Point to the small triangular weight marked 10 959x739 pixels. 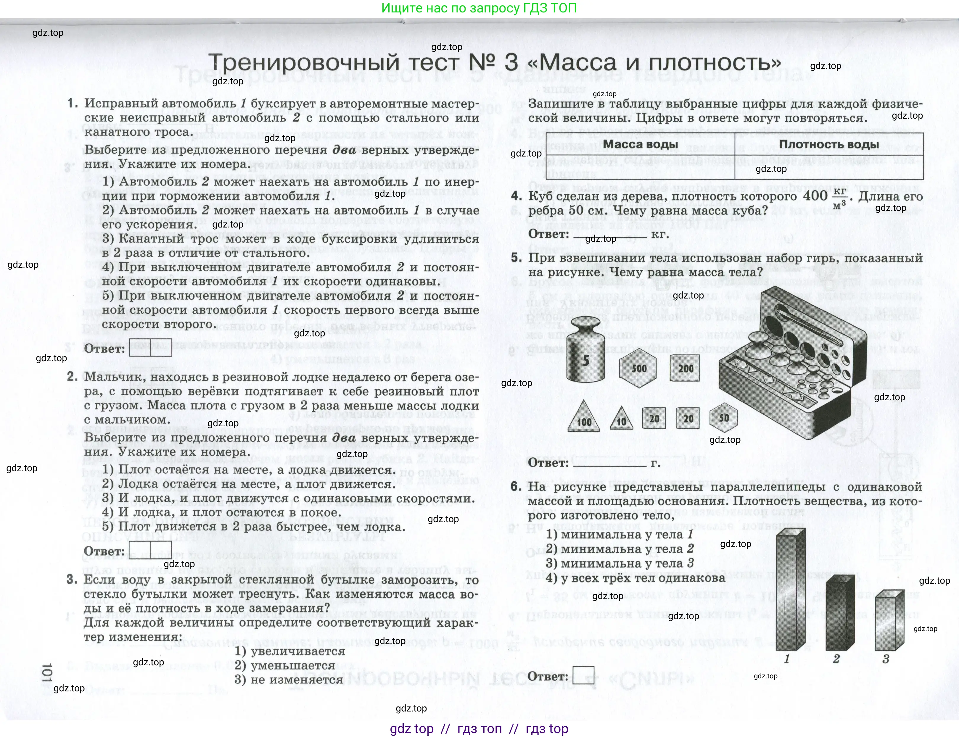[x=621, y=419]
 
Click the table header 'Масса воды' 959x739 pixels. [x=640, y=144]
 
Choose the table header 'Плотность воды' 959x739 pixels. [x=828, y=144]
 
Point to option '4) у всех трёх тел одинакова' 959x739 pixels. [x=635, y=577]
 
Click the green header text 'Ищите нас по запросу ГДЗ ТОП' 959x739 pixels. [x=479, y=8]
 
